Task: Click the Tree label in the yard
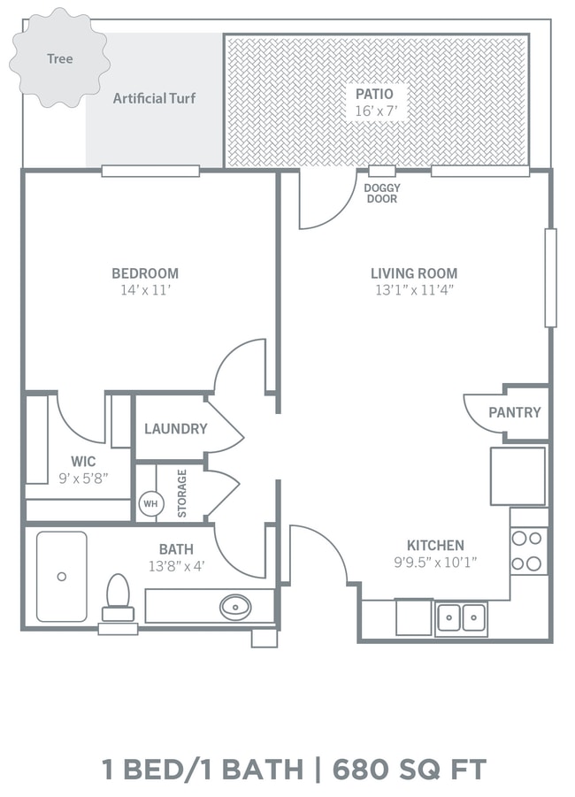tap(60, 59)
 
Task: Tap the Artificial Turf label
tap(154, 98)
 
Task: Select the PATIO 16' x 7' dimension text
tap(376, 111)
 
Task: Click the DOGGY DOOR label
tap(382, 193)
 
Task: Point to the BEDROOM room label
tap(145, 273)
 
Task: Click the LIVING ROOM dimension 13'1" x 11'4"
tap(414, 290)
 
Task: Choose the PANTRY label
tap(515, 412)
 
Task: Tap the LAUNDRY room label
tap(176, 429)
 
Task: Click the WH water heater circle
tap(151, 503)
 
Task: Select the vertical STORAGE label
tap(182, 494)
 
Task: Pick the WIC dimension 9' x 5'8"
tap(83, 479)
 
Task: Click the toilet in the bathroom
tap(118, 597)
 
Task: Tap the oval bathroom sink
tap(235, 607)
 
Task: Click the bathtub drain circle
tap(62, 577)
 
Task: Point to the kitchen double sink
tap(462, 618)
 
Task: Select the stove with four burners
tap(529, 551)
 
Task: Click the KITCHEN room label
tap(436, 546)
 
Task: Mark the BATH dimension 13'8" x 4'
tap(176, 566)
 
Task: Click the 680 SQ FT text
tap(410, 769)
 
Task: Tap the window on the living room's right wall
tap(550, 278)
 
